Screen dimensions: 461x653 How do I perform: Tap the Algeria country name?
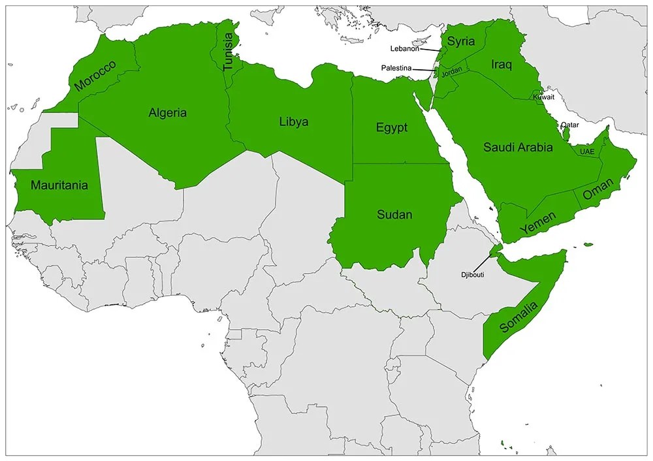click(x=168, y=113)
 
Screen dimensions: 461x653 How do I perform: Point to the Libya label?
click(x=294, y=122)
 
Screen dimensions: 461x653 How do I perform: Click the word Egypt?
click(x=391, y=127)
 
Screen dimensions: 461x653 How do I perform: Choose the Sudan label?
click(x=394, y=214)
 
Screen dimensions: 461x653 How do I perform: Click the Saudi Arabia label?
click(x=518, y=148)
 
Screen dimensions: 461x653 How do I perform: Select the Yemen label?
click(x=538, y=223)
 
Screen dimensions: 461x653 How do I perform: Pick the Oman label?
click(x=598, y=191)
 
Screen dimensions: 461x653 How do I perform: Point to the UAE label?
click(x=587, y=152)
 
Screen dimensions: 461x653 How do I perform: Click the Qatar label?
click(x=569, y=125)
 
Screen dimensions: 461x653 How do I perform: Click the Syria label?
click(x=462, y=42)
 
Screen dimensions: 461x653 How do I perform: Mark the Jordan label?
click(x=452, y=73)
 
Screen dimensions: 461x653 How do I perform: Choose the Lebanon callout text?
click(x=405, y=48)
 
